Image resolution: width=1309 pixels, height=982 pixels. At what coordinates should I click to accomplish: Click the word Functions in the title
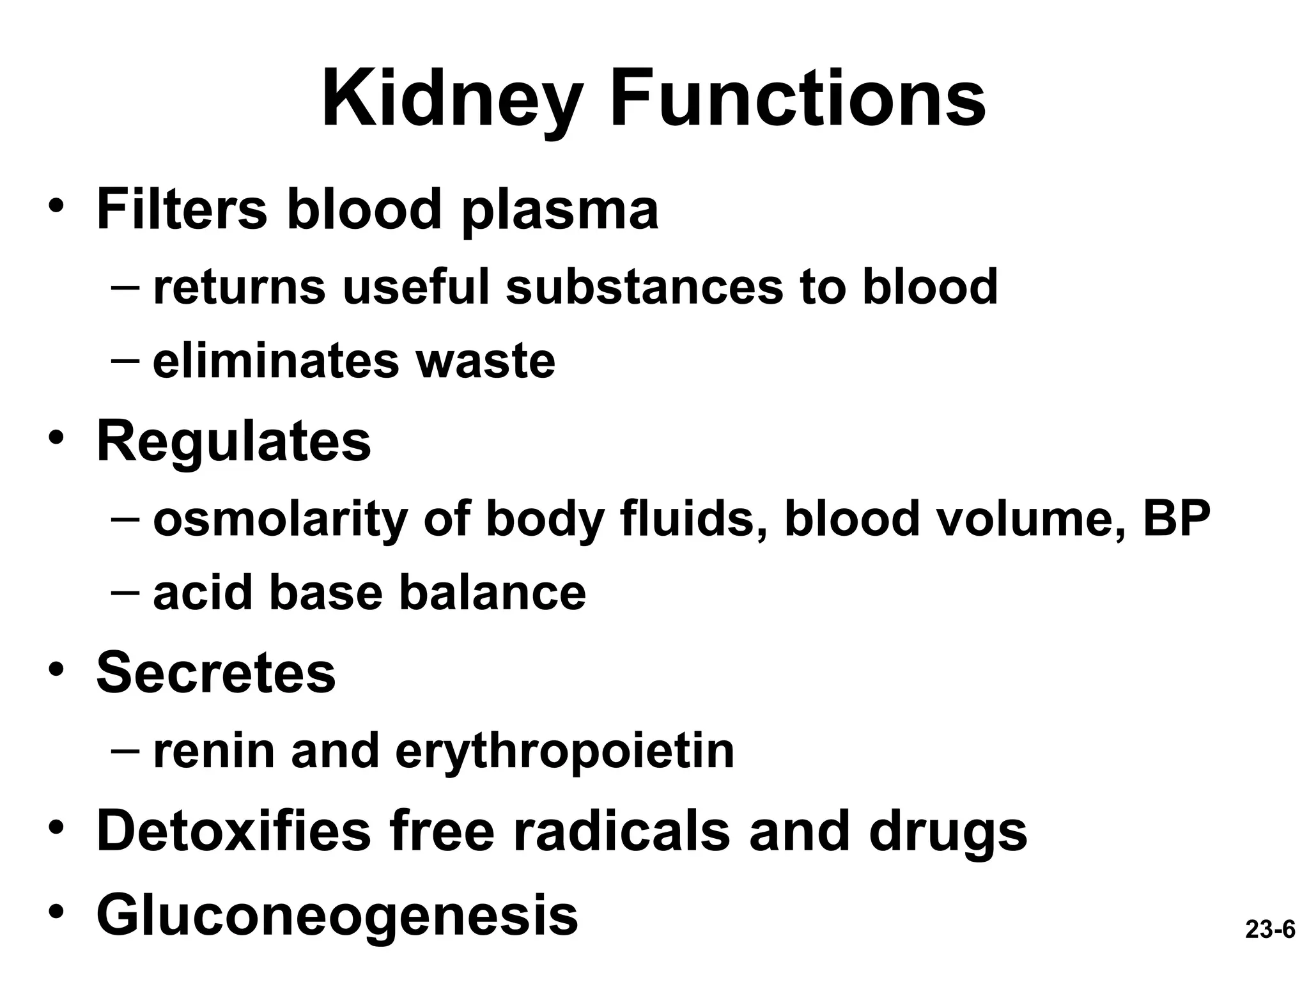(x=798, y=101)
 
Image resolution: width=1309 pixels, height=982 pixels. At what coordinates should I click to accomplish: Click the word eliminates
(x=276, y=361)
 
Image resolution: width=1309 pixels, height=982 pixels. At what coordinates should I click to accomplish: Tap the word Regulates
(x=233, y=442)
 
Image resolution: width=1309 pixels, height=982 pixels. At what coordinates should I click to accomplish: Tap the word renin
(x=215, y=751)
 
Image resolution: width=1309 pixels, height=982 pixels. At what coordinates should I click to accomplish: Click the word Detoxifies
(x=233, y=830)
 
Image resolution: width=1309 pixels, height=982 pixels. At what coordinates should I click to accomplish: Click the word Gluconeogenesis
(x=337, y=916)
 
